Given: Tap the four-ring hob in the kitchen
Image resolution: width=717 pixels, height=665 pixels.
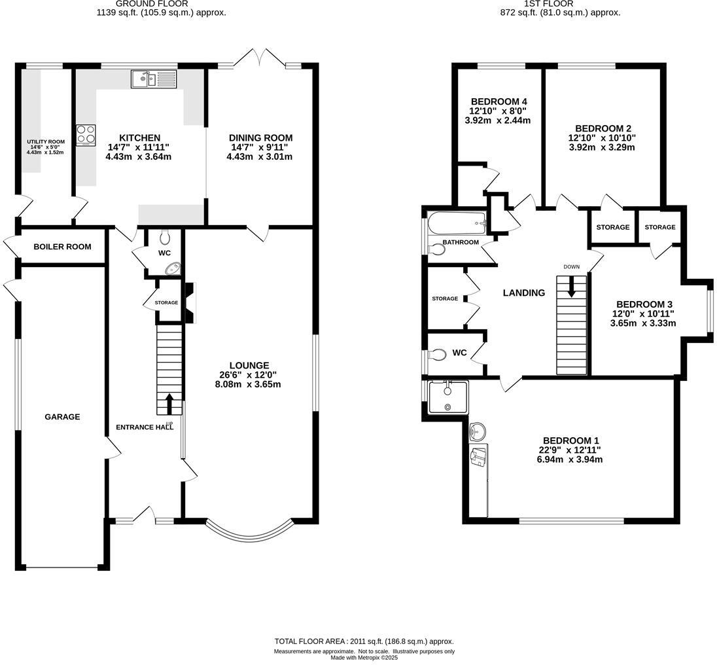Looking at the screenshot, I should (x=86, y=135).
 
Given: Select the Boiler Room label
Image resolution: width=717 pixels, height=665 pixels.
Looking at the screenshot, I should (x=62, y=247).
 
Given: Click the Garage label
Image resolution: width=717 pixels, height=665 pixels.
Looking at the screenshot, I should (x=62, y=416).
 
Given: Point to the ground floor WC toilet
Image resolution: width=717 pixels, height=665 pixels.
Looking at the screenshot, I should (x=164, y=236).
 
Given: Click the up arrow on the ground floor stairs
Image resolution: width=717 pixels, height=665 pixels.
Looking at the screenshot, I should (x=170, y=403).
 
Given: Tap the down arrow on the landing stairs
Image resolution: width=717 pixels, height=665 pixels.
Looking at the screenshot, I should (x=572, y=286).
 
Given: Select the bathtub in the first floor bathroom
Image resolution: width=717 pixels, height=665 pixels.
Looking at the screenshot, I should (x=457, y=223).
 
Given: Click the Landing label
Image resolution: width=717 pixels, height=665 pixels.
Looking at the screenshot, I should (x=523, y=293).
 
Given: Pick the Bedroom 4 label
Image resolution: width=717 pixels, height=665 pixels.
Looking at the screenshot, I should (x=499, y=101).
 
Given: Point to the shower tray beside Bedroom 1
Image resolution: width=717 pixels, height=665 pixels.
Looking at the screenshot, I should (x=448, y=397).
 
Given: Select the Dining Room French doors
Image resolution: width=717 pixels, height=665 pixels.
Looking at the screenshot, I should (x=260, y=58).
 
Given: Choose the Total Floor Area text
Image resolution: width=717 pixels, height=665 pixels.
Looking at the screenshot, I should (x=363, y=641).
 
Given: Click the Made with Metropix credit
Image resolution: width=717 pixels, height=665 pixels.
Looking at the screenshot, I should (x=363, y=658).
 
